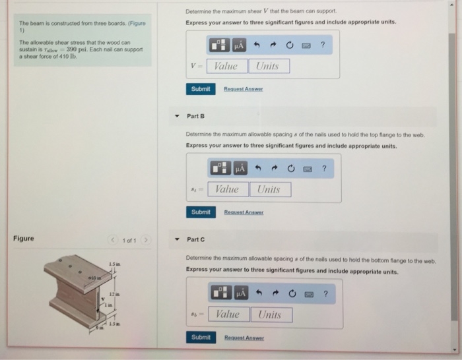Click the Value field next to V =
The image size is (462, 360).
point(226,66)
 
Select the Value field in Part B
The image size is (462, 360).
point(228,189)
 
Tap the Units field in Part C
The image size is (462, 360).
point(270,315)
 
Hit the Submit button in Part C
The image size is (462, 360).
point(201,338)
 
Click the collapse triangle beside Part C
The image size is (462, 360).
point(177,239)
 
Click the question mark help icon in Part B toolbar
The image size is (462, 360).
point(323,168)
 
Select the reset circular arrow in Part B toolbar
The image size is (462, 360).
point(290,168)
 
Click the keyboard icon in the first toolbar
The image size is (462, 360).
point(305,45)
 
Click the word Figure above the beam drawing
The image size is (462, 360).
point(24,239)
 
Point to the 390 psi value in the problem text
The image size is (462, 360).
point(70,50)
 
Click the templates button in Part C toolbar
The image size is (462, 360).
point(220,293)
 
